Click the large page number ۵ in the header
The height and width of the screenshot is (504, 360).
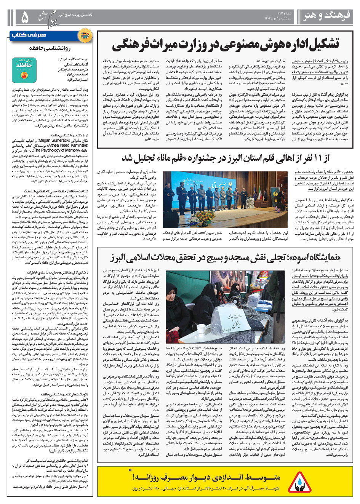point(24,17)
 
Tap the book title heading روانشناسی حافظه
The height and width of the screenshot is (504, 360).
point(50,48)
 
